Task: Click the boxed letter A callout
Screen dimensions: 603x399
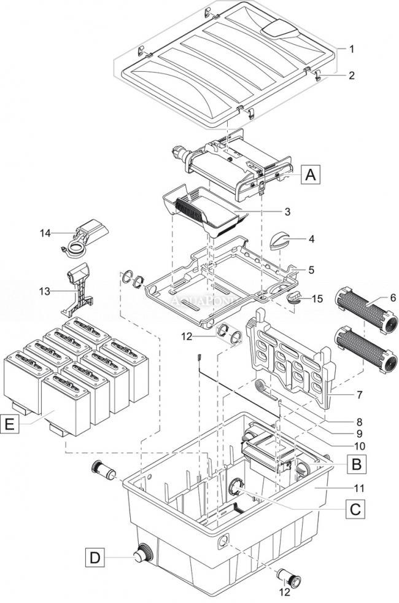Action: pos(311,175)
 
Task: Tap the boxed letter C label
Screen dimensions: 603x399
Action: pos(354,508)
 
